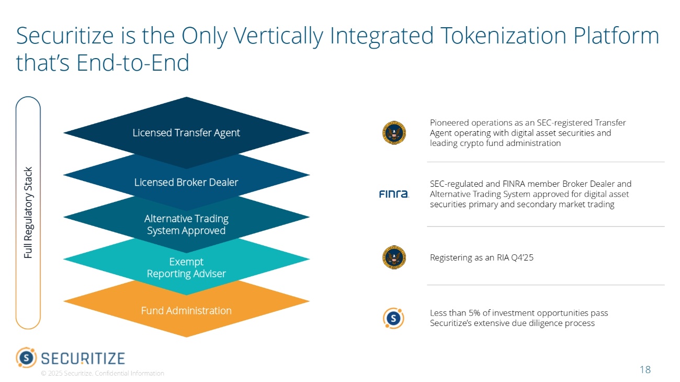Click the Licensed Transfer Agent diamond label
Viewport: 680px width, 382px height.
coord(186,133)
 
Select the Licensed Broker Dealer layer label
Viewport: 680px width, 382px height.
coord(186,182)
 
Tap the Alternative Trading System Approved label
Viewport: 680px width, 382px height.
coord(186,224)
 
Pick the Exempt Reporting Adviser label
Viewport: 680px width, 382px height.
coord(186,267)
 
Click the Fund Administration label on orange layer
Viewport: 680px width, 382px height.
coord(186,311)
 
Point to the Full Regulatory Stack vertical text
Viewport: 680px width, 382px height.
coord(28,212)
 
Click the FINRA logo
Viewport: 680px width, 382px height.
coord(393,194)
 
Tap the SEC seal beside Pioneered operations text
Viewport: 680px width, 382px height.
coord(394,133)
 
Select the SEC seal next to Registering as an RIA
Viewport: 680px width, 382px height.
coord(394,257)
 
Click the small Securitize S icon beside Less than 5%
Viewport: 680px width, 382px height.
coord(393,318)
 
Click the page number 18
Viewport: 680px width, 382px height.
coord(645,370)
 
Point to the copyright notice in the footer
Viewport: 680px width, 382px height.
coord(103,373)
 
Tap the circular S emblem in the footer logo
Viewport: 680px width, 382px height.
coord(26,358)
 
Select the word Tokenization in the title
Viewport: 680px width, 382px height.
coord(500,36)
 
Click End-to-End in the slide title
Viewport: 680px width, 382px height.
coord(133,63)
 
